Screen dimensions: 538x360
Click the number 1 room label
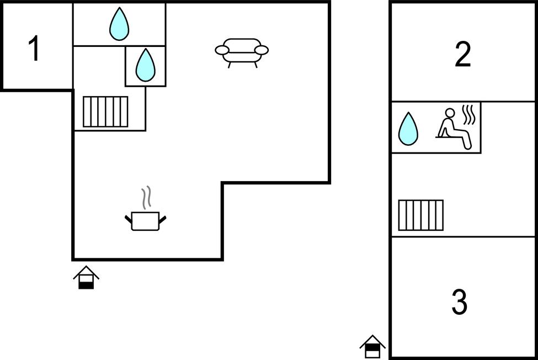click(34, 49)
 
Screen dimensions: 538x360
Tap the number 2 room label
click(462, 54)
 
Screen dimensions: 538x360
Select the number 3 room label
click(460, 301)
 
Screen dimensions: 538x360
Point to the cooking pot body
click(146, 221)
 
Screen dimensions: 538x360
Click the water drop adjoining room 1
click(119, 24)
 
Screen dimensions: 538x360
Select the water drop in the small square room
click(146, 65)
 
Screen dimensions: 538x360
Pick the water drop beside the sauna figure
click(408, 129)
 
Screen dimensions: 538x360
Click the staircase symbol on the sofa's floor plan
click(105, 112)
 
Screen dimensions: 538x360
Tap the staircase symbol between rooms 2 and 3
click(420, 215)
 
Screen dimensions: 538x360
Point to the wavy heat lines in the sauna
click(469, 115)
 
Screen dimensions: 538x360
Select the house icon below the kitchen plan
click(86, 277)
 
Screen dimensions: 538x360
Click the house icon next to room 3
click(372, 347)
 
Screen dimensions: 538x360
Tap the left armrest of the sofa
click(222, 50)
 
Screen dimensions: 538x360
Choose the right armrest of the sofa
click(262, 50)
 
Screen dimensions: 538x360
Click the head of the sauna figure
click(450, 113)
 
